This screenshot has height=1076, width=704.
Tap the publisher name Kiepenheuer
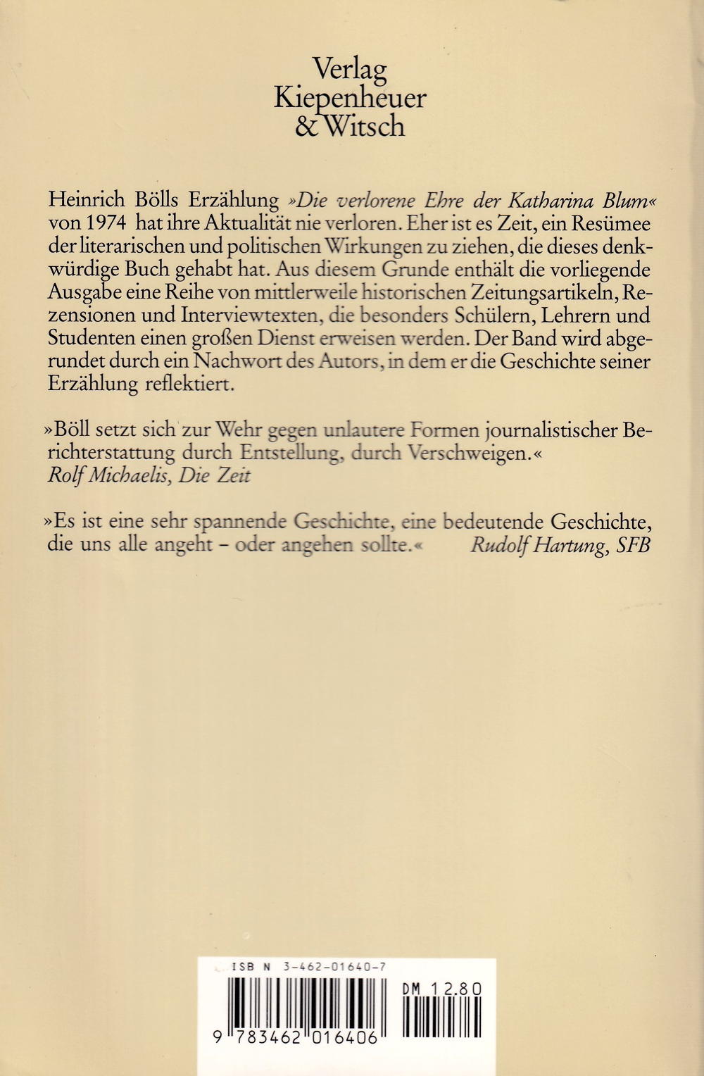click(350, 99)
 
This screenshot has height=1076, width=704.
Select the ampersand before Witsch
click(307, 127)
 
